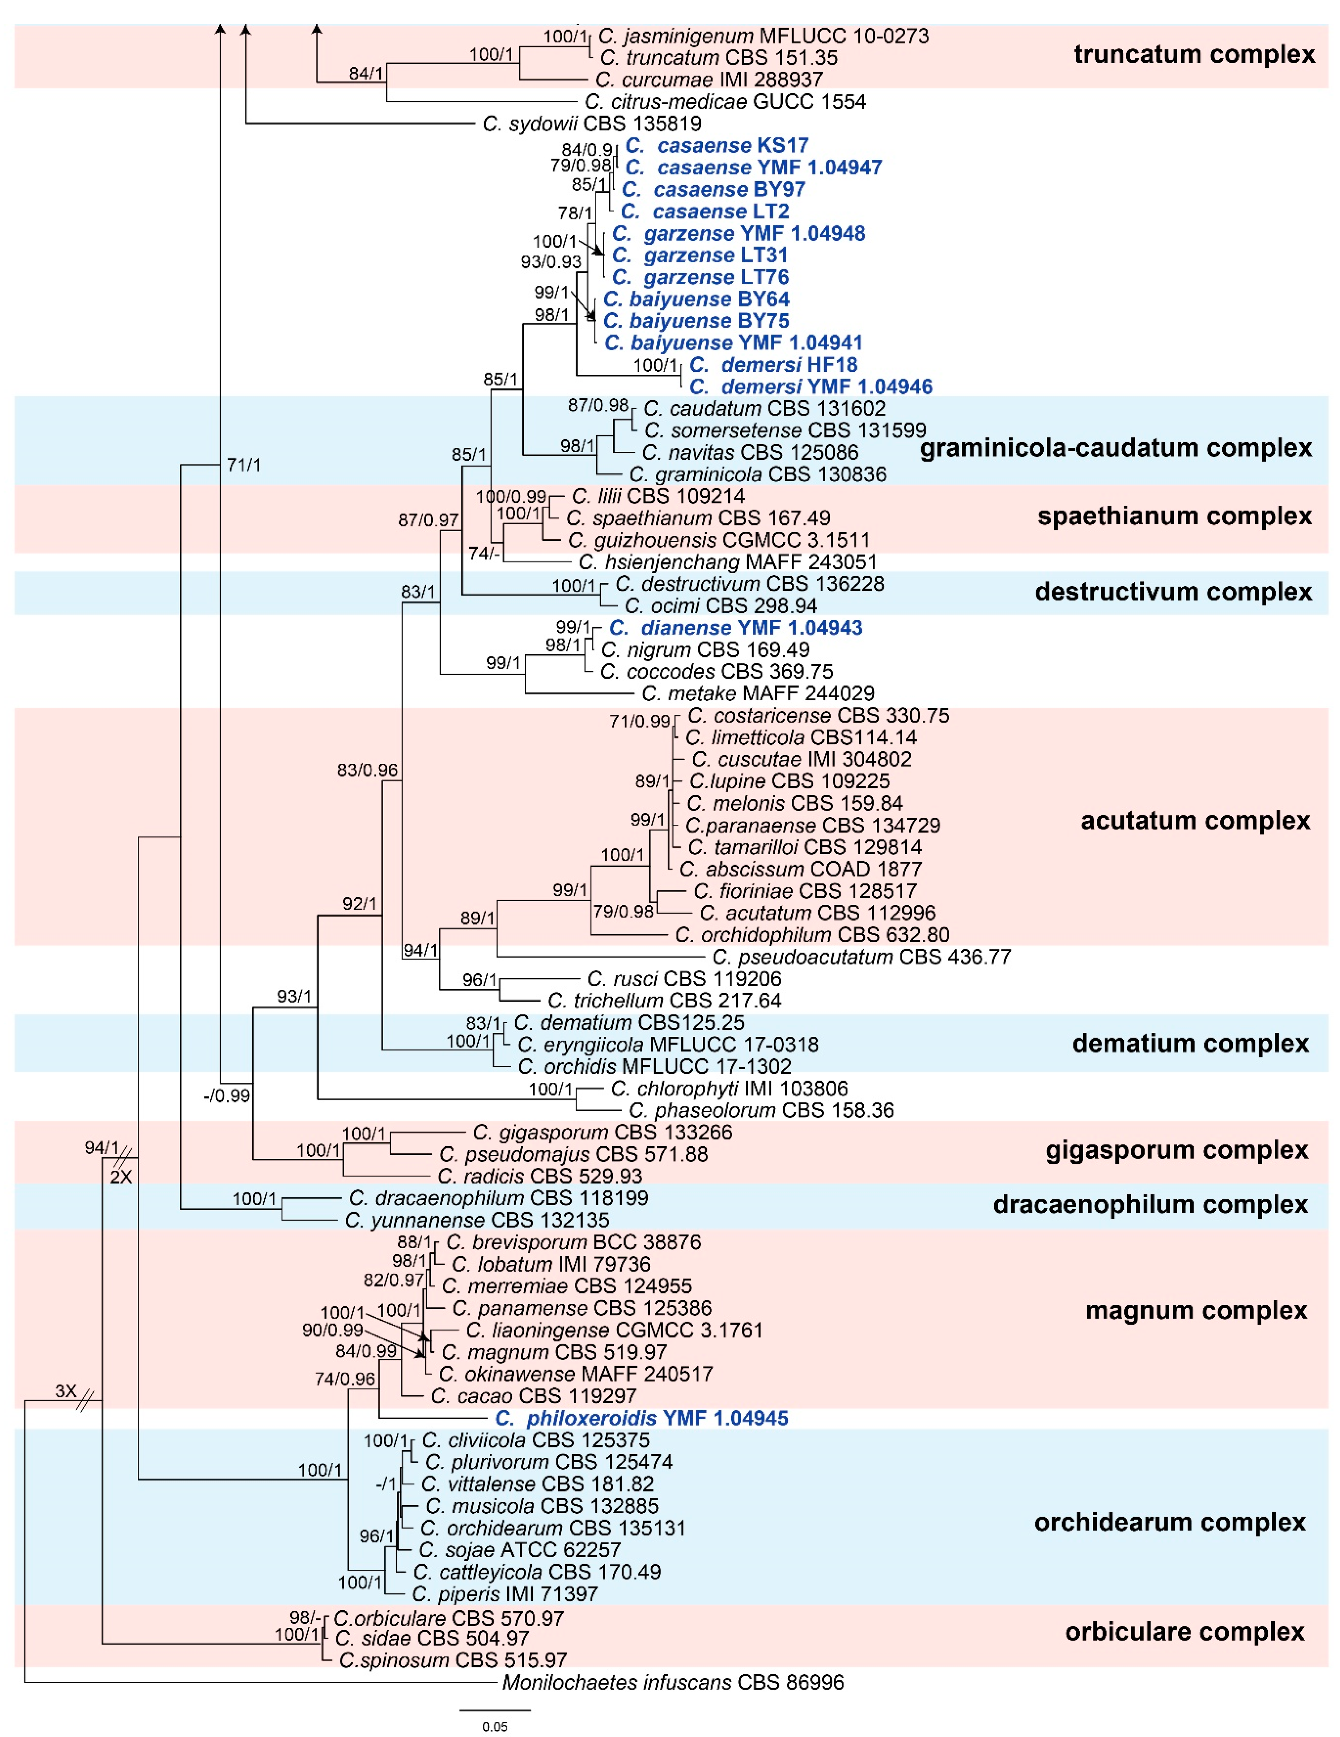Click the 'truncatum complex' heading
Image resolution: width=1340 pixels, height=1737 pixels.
point(1194,55)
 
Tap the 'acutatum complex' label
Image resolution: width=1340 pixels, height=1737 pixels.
point(1194,821)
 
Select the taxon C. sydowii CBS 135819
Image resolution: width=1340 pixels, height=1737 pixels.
point(592,124)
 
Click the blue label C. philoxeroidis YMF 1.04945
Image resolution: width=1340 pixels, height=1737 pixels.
point(641,1418)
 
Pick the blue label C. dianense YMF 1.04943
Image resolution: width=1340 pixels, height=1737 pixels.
point(735,628)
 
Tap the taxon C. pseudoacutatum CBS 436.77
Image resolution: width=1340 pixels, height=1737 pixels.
point(861,957)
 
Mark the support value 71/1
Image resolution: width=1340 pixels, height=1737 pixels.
point(243,465)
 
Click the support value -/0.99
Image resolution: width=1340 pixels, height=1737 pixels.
point(227,1096)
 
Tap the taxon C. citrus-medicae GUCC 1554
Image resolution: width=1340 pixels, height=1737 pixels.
point(724,102)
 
